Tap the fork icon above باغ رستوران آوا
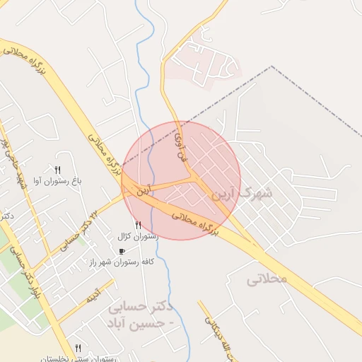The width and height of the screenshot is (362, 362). pos(58,170)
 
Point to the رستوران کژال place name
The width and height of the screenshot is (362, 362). pos(138,237)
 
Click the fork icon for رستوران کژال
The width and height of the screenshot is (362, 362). pos(138,226)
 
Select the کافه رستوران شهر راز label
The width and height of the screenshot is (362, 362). pos(122,262)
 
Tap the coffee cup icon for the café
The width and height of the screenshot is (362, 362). pos(122,251)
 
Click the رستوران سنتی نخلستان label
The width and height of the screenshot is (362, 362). pos(78,358)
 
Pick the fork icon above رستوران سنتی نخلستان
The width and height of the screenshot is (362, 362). pos(78,348)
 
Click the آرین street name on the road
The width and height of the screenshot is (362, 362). pos(144,189)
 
